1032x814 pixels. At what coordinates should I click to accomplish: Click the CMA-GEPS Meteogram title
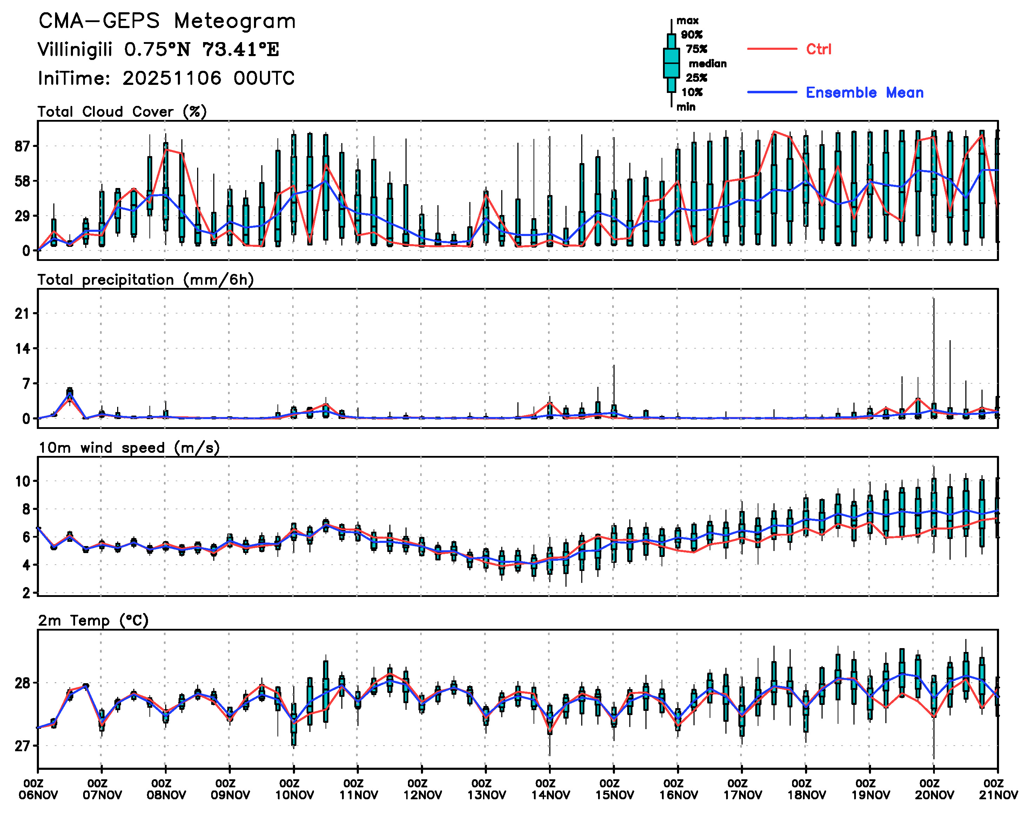[x=167, y=21]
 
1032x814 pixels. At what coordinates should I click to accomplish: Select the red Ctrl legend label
[x=818, y=49]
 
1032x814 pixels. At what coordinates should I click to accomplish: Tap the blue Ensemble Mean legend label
[x=864, y=93]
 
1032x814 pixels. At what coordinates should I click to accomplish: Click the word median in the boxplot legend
[x=708, y=64]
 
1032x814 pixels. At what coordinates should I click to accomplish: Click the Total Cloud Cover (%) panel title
[x=122, y=112]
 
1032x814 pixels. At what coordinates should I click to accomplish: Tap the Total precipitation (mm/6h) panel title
[x=145, y=280]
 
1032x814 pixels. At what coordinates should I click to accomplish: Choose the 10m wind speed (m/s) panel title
[x=129, y=448]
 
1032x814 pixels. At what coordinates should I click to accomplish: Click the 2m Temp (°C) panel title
[x=93, y=620]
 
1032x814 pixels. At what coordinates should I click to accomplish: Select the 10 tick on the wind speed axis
[x=22, y=481]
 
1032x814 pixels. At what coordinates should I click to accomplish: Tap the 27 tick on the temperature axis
[x=22, y=746]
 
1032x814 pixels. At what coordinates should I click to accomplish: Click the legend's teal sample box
[x=671, y=63]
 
